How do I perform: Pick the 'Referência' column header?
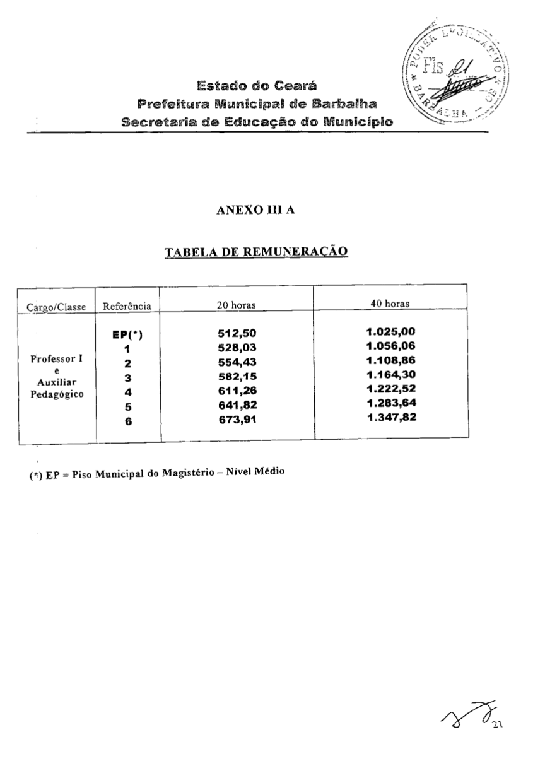[127, 307]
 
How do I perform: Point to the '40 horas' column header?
[390, 304]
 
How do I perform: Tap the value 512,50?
[238, 334]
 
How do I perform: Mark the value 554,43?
[238, 362]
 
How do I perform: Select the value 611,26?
[238, 391]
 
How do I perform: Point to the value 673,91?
[238, 419]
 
